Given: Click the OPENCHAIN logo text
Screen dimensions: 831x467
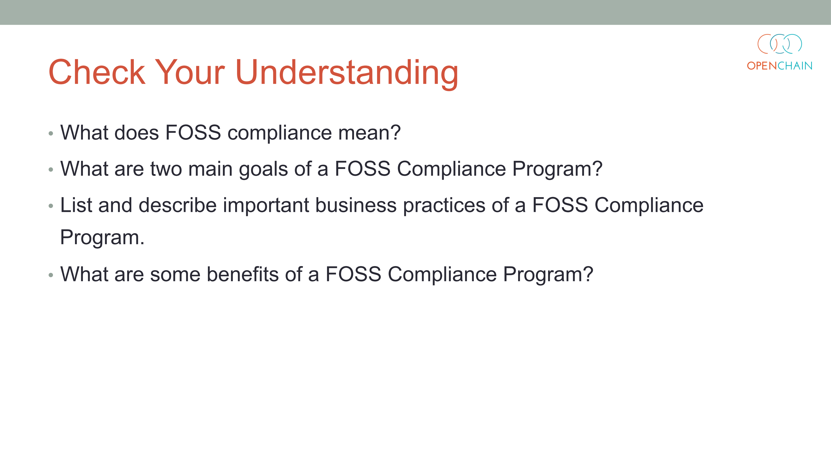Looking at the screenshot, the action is click(x=779, y=66).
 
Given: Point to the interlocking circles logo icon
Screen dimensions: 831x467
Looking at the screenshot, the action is click(x=779, y=44).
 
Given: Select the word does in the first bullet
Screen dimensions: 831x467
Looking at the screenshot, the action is click(x=137, y=132).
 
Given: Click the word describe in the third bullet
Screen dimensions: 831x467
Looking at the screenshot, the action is click(x=177, y=205).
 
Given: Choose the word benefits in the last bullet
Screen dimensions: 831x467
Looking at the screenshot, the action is click(x=243, y=274).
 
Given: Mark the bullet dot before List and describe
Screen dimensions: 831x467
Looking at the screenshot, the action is click(x=51, y=206).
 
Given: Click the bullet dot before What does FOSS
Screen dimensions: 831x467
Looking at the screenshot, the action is click(x=51, y=133).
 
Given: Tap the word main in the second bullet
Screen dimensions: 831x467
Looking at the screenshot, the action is click(x=210, y=169).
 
